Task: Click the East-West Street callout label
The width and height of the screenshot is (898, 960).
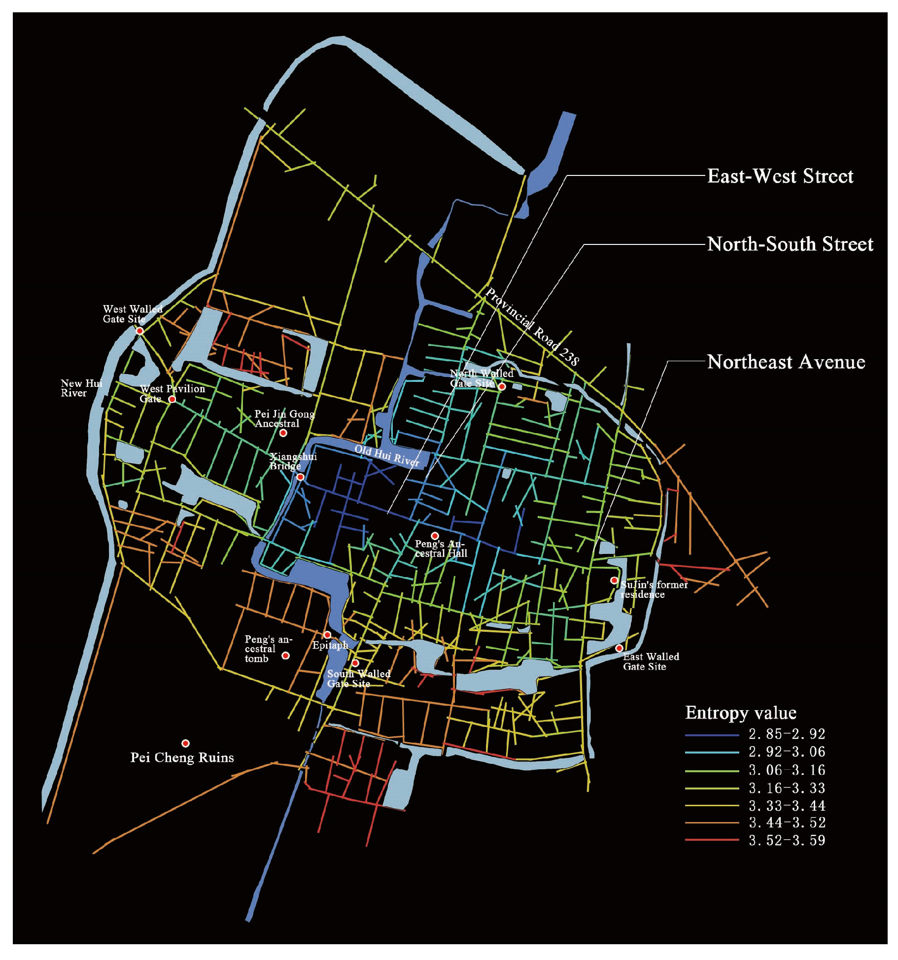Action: (780, 176)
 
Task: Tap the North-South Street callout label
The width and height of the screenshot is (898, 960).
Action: (790, 244)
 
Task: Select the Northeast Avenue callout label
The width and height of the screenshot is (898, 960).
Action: (786, 362)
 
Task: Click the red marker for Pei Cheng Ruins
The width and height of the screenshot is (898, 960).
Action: (185, 743)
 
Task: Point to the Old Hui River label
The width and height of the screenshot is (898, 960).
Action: (387, 456)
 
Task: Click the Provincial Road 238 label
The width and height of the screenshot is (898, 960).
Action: (532, 327)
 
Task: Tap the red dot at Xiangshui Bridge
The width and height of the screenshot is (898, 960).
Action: (300, 477)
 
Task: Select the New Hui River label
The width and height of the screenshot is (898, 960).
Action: (81, 388)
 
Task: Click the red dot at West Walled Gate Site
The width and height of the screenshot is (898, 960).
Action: (140, 331)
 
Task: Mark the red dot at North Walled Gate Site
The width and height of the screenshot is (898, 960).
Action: (502, 387)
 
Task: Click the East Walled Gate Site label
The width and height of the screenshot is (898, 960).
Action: (651, 661)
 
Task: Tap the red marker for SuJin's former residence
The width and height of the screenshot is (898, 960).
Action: (614, 581)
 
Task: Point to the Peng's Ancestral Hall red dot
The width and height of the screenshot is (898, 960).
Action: (435, 536)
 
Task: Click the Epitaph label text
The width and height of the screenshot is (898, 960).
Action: (330, 645)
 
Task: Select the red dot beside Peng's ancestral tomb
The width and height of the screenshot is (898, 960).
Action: (285, 655)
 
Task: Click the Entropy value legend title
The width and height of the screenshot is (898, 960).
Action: (740, 713)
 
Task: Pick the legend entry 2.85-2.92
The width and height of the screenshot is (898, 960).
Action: (787, 734)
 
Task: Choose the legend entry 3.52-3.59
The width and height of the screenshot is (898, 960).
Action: (787, 840)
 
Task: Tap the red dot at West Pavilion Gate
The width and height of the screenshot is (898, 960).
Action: (172, 399)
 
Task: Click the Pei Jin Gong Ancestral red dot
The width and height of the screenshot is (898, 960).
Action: (283, 433)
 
